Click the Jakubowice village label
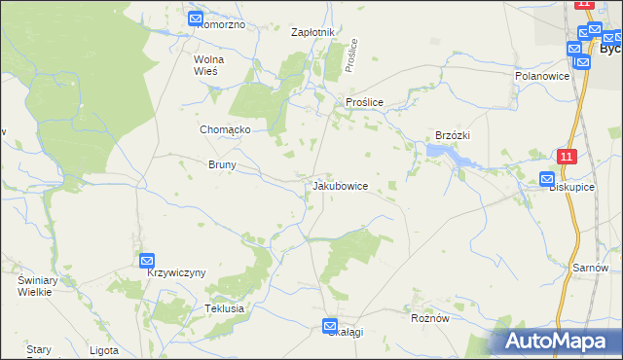click(340, 186)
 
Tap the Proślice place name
click(364, 102)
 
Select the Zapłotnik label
click(313, 32)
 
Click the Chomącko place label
click(226, 129)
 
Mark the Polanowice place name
click(541, 75)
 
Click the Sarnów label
click(590, 268)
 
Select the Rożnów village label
click(430, 317)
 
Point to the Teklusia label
click(224, 308)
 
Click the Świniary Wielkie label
click(33, 285)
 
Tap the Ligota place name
click(103, 350)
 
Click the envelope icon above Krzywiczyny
click(147, 260)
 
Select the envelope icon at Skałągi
click(330, 326)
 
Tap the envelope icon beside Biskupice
click(547, 179)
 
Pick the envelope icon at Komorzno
click(196, 18)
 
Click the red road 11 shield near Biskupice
click(568, 156)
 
